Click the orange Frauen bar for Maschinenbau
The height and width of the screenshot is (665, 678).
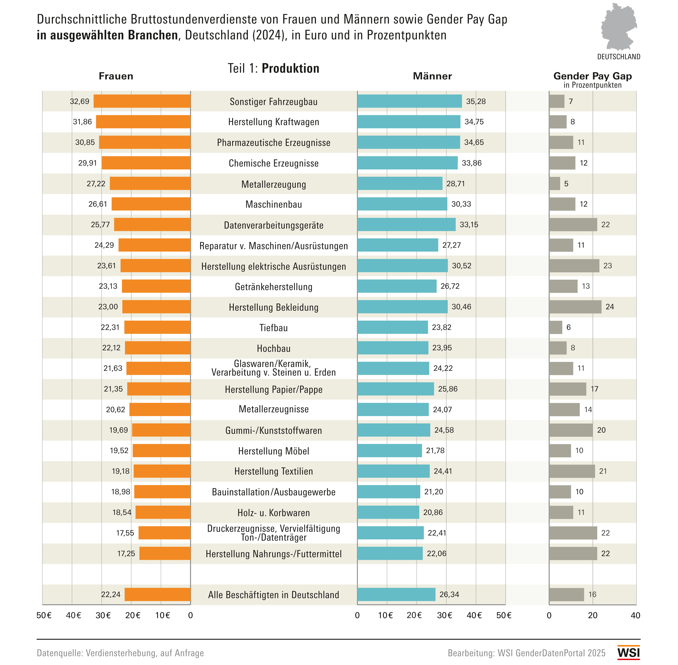coord(151,204)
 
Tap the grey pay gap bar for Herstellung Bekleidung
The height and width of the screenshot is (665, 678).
coord(575,307)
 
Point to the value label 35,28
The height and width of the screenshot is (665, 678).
coord(476,101)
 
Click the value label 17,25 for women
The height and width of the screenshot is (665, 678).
coord(126,554)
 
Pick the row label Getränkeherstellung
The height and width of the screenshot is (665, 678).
coord(274,287)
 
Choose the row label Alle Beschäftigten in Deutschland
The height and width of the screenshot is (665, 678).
coord(274,595)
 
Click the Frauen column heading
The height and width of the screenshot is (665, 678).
coord(116,76)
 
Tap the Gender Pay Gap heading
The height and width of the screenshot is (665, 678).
coord(592,76)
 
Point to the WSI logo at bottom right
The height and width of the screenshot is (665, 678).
coord(628,653)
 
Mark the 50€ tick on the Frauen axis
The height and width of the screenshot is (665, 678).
coord(44,615)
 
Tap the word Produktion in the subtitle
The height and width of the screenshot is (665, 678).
coord(290,69)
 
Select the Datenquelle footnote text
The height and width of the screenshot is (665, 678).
coord(120,653)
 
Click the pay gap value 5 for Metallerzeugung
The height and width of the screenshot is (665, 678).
coord(566,184)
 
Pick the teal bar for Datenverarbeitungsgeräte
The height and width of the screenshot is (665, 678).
coord(406,225)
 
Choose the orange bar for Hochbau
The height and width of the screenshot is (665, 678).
coord(157,348)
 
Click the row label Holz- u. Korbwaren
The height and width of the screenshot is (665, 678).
coord(274,513)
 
